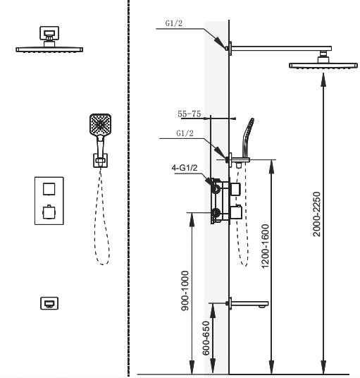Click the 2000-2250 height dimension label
[317, 214]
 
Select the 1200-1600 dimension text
[265, 246]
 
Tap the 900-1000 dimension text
[185, 291]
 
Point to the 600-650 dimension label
[206, 338]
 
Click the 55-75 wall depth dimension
[190, 114]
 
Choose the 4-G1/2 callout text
[185, 168]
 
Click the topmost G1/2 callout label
[174, 23]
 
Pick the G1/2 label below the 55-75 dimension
[185, 133]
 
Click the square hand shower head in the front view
[101, 125]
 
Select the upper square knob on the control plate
[49, 189]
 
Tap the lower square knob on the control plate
[49, 212]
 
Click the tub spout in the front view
[49, 303]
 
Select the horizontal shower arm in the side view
[281, 49]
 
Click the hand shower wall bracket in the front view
[101, 161]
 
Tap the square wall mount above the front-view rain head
[49, 33]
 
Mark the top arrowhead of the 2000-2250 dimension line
[323, 80]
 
